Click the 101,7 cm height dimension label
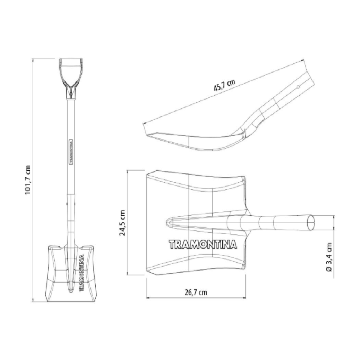(28, 179)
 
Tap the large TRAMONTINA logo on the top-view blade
(203, 244)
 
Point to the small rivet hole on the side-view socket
(298, 87)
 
